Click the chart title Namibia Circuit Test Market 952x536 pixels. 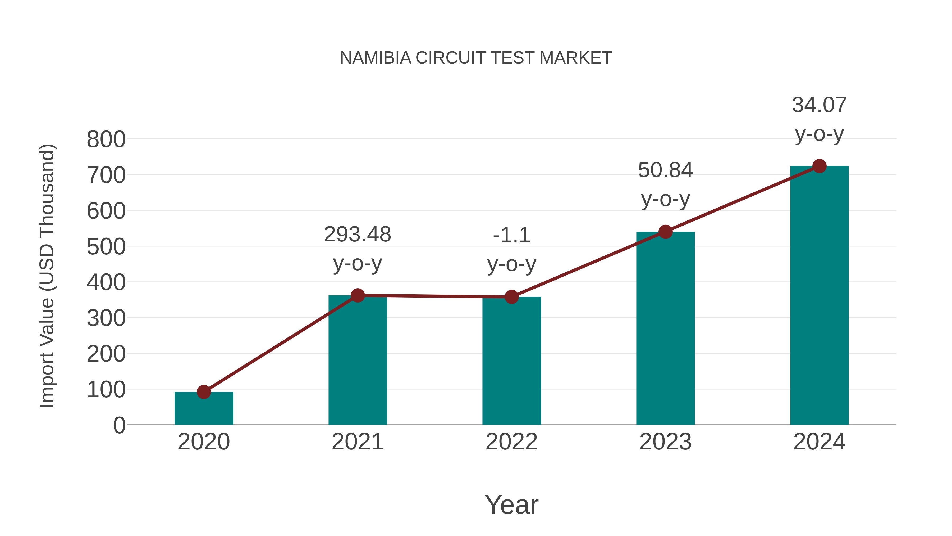click(x=476, y=58)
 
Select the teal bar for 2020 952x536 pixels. click(x=204, y=411)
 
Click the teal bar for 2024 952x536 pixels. click(x=819, y=296)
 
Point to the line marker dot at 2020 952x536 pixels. click(x=204, y=392)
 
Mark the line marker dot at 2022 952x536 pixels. click(x=511, y=297)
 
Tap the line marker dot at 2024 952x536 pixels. click(x=819, y=166)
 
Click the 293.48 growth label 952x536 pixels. click(x=357, y=235)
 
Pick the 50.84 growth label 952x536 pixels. click(x=665, y=170)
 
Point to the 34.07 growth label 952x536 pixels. click(x=819, y=105)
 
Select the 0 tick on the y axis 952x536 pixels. click(x=119, y=425)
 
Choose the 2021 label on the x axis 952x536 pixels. click(x=357, y=442)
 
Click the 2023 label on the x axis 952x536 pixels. click(x=665, y=442)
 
